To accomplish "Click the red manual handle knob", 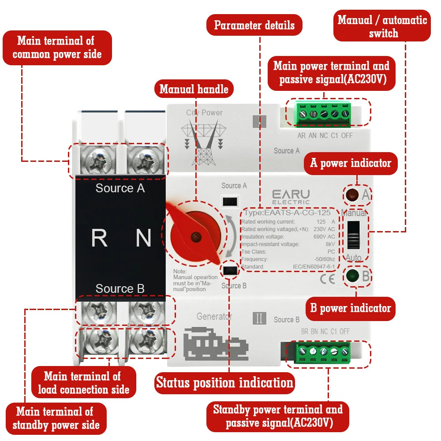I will coord(193,236).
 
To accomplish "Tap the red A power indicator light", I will coord(351,194).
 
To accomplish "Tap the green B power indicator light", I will coord(352,277).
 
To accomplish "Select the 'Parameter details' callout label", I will coord(254,25).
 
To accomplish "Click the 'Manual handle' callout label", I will coord(194,89).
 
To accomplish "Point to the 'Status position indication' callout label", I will coord(224,382).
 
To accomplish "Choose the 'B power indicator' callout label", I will coord(351,308).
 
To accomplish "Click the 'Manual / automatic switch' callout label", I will coord(382,26).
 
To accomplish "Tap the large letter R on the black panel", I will coord(99,238).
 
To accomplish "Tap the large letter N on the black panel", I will coord(143,238).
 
